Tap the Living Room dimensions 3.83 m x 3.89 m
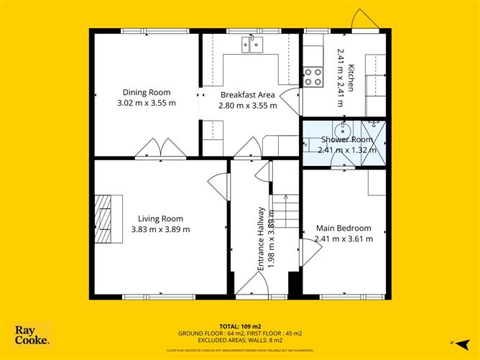tap(160, 230)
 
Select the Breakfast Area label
tap(247, 95)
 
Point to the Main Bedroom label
tap(343, 229)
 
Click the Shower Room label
tap(346, 139)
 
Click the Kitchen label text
tap(351, 78)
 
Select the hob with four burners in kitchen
tap(313, 77)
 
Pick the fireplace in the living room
tap(105, 218)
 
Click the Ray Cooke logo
tap(32, 335)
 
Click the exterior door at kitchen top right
tap(366, 20)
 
